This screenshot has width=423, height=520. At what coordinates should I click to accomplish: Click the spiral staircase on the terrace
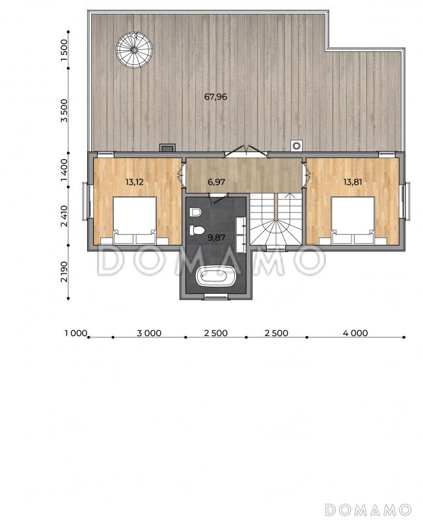tap(134, 50)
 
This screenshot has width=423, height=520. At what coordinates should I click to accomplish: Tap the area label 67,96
tap(215, 97)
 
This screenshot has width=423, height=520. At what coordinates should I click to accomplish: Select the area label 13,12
tap(135, 182)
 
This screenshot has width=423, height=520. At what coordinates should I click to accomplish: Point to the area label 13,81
tap(353, 182)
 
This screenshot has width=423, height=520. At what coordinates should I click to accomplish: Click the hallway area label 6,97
tap(216, 182)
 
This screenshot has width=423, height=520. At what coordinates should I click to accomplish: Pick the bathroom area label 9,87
tap(216, 237)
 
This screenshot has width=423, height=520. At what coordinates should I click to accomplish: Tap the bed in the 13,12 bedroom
tap(135, 220)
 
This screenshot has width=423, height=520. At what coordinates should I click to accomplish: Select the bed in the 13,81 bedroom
tap(353, 220)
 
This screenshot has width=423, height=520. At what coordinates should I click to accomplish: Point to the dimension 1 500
tap(64, 50)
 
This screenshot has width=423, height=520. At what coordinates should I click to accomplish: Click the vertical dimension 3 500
tap(64, 110)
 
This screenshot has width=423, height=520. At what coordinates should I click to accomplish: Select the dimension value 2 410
tap(64, 216)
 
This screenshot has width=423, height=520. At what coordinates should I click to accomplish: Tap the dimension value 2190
tap(64, 272)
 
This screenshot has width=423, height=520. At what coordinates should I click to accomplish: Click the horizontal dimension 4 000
tap(355, 333)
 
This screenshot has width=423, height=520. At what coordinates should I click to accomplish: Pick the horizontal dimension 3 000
tap(149, 333)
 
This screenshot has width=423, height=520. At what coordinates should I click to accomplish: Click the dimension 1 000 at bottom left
tap(75, 333)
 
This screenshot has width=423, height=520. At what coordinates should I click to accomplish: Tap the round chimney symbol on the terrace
tap(297, 145)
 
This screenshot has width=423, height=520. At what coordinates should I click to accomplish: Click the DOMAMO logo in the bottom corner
tap(368, 509)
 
